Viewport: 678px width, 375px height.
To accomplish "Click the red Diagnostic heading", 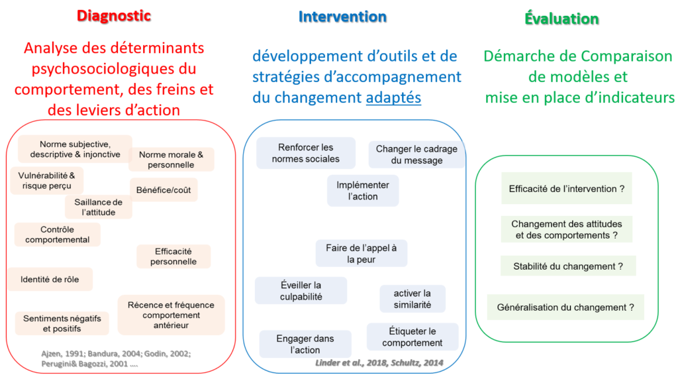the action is pyautogui.click(x=114, y=16).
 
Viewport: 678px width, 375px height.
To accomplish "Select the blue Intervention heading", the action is pyautogui.click(x=342, y=17).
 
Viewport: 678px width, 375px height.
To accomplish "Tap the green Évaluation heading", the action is pyautogui.click(x=561, y=18).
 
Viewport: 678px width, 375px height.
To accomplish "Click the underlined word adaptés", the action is pyautogui.click(x=393, y=98).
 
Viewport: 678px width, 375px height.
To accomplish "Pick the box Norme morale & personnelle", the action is pyautogui.click(x=171, y=160).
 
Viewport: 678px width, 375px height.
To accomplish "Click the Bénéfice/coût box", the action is pyautogui.click(x=164, y=190).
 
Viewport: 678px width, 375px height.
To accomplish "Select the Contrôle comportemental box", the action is pyautogui.click(x=58, y=235).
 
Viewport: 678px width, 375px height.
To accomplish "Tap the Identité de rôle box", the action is pyautogui.click(x=50, y=280).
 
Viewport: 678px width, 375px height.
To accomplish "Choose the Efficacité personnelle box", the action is pyautogui.click(x=173, y=256).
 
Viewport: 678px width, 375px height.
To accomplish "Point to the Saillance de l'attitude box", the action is pyautogui.click(x=98, y=207).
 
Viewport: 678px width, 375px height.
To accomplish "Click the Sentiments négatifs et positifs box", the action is pyautogui.click(x=62, y=323).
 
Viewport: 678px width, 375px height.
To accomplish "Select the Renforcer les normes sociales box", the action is pyautogui.click(x=306, y=153).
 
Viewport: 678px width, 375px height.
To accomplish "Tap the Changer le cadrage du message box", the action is pyautogui.click(x=416, y=154).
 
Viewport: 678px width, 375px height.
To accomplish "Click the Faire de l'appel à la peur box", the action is pyautogui.click(x=361, y=254).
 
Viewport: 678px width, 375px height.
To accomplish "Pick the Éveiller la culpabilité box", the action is pyautogui.click(x=301, y=291).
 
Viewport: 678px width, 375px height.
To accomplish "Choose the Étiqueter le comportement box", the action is pyautogui.click(x=412, y=337).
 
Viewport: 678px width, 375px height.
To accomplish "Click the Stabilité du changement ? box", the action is pyautogui.click(x=568, y=266).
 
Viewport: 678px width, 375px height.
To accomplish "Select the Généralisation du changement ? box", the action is pyautogui.click(x=565, y=307).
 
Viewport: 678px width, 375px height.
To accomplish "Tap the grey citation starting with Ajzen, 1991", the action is pyautogui.click(x=116, y=358).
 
